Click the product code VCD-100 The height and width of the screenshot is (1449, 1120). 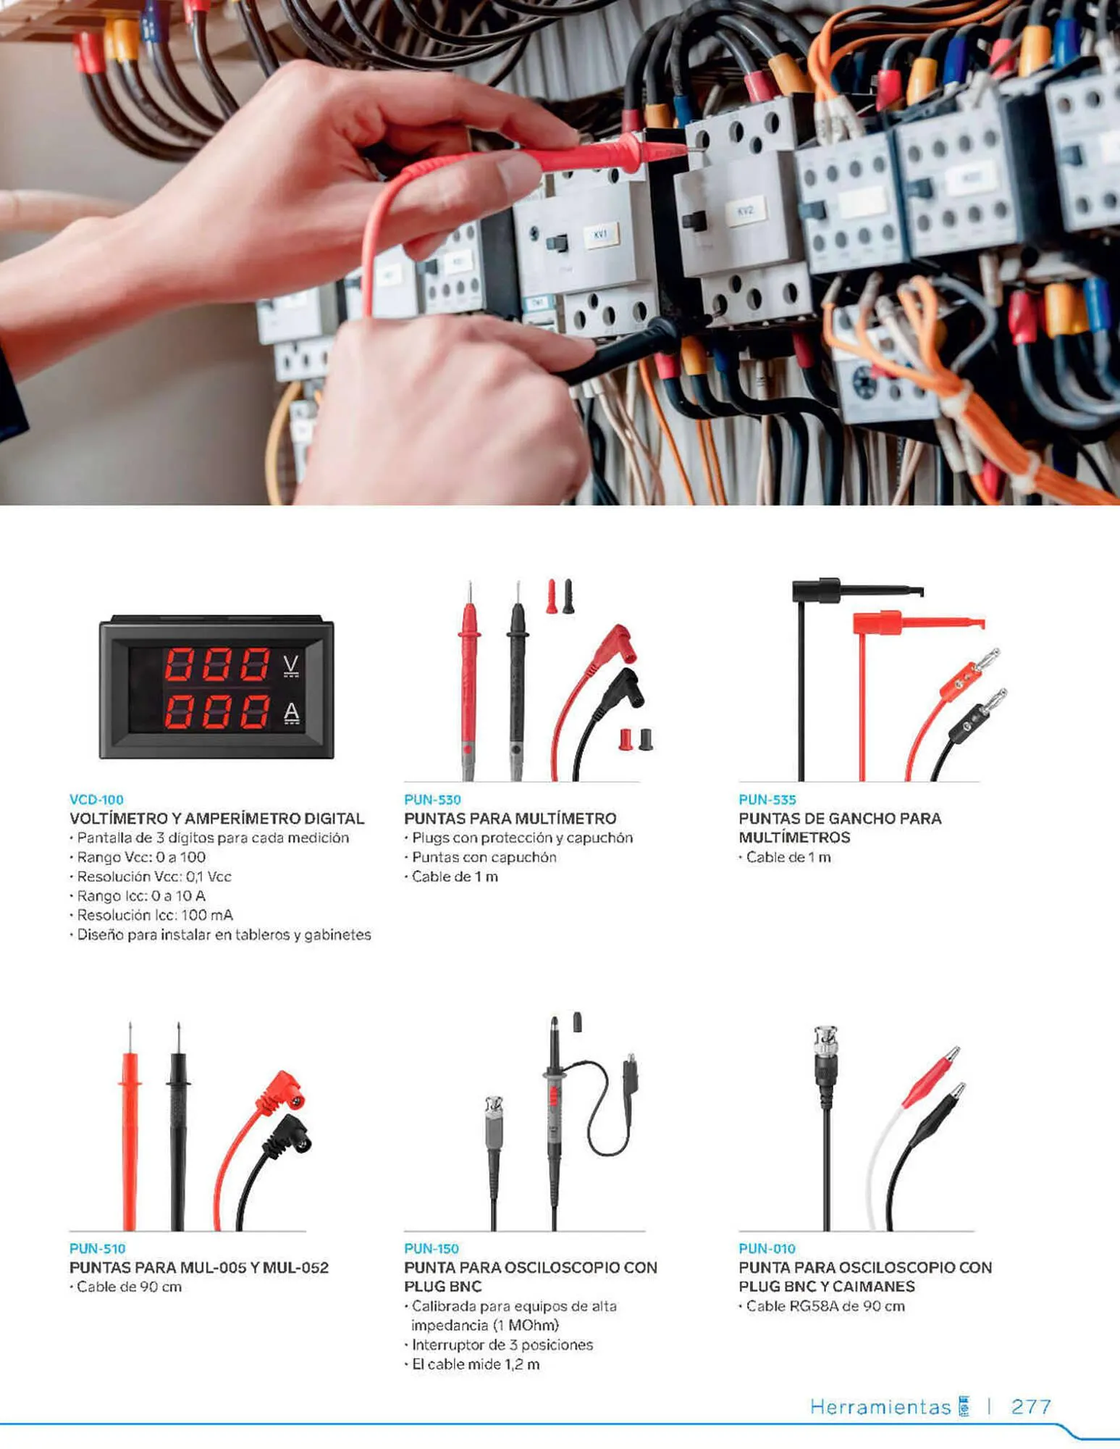coord(96,799)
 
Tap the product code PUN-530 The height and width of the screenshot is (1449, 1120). coord(432,799)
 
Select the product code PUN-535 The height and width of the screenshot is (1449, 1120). coord(767,799)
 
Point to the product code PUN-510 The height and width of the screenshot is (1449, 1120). coord(97,1248)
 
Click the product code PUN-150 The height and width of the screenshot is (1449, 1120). coord(431,1248)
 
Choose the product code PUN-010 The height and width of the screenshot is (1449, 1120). coord(767,1248)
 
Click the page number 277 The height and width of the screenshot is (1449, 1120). coord(1031,1406)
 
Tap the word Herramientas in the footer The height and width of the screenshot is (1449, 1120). coord(880,1407)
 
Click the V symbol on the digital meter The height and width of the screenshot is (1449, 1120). coord(291,665)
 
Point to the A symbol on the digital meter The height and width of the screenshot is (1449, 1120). coord(291,713)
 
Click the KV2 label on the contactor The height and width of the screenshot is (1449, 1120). coord(745,211)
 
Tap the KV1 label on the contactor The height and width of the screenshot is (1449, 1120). coord(601,234)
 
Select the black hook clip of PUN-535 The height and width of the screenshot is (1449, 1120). coord(858,590)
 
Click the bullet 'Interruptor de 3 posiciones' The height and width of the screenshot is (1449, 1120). coord(499,1345)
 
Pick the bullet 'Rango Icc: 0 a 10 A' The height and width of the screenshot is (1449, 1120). coord(138,895)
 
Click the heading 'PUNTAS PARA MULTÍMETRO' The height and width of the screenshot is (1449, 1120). coord(510,818)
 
